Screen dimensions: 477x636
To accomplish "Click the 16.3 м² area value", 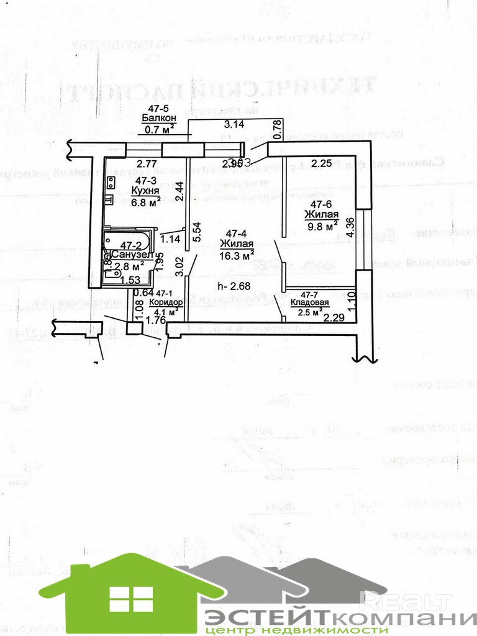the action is click(x=238, y=255).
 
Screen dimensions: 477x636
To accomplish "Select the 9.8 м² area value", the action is click(x=322, y=225).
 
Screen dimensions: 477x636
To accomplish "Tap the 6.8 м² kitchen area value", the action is click(x=145, y=200).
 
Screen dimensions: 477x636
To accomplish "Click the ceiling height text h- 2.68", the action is click(x=234, y=286).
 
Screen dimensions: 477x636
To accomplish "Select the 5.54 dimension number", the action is click(x=197, y=232).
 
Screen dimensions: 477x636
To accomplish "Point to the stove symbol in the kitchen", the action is click(x=111, y=183).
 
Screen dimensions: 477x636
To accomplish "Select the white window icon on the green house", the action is click(x=131, y=598).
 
